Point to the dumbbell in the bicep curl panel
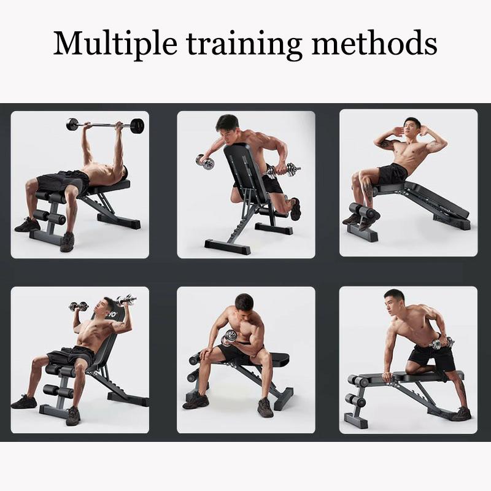(x=231, y=335)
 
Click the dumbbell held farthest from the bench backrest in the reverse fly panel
(x=205, y=162)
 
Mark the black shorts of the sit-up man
(x=392, y=174)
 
